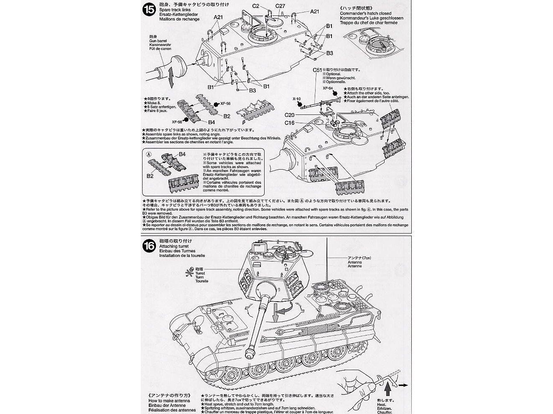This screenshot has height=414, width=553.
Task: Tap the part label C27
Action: click(280, 6)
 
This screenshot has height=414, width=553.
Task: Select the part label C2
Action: click(256, 6)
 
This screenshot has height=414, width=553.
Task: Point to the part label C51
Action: click(317, 70)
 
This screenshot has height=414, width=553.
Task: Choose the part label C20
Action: click(290, 115)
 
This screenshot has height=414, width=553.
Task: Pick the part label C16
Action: click(290, 122)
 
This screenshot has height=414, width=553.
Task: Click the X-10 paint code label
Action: click(297, 99)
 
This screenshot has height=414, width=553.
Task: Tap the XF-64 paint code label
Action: click(328, 88)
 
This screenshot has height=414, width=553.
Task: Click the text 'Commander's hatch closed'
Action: click(365, 13)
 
